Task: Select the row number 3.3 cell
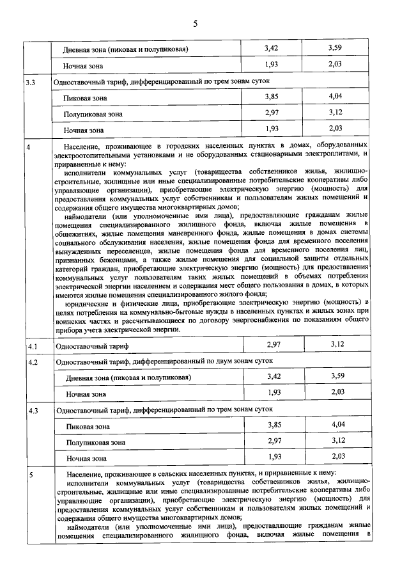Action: pyautogui.click(x=30, y=83)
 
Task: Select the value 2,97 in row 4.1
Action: pyautogui.click(x=274, y=345)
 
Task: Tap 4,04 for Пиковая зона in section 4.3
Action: pyautogui.click(x=337, y=425)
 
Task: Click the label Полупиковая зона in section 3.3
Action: pyautogui.click(x=93, y=115)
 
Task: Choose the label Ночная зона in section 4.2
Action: pyautogui.click(x=86, y=394)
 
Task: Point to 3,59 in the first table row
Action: pyautogui.click(x=336, y=49)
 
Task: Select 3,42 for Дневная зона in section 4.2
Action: pyautogui.click(x=274, y=377)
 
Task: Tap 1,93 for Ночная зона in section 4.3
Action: pyautogui.click(x=274, y=457)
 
